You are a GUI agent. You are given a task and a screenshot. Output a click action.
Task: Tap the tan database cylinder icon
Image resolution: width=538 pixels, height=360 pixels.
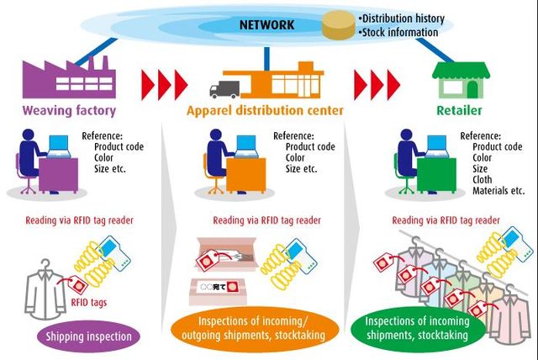click(336, 25)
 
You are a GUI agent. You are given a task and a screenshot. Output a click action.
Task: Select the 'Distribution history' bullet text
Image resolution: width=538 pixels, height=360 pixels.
click(401, 18)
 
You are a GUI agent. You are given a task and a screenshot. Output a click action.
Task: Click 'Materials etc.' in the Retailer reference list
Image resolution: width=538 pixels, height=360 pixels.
click(502, 189)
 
